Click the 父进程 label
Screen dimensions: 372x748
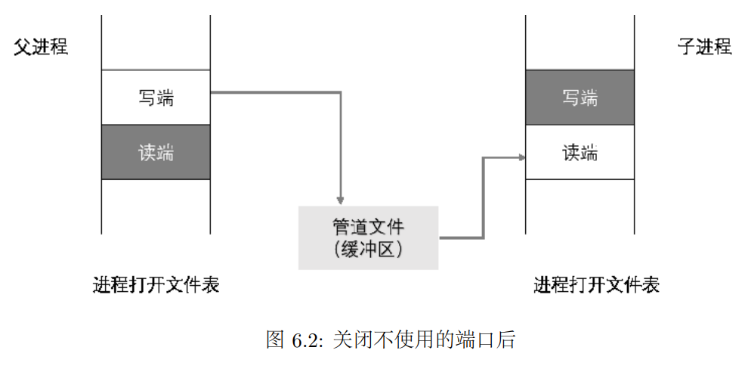[41, 48]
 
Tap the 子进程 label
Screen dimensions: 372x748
[704, 48]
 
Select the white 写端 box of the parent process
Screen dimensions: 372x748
[156, 98]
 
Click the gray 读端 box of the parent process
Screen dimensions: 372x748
[156, 152]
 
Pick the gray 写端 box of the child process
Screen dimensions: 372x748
[580, 98]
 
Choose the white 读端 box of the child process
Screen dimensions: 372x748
[580, 152]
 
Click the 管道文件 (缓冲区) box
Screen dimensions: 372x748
[368, 237]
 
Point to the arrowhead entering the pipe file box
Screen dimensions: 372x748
[341, 200]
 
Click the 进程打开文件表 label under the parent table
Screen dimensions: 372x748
[156, 286]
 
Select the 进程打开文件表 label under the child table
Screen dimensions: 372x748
[596, 286]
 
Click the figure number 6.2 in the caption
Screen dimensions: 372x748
[306, 340]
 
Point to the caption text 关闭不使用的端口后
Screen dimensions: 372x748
[424, 340]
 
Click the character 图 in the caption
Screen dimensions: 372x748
[275, 340]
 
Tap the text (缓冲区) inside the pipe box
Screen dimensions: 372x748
[368, 249]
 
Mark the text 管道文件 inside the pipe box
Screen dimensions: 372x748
[368, 227]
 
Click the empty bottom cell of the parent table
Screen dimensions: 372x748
[156, 206]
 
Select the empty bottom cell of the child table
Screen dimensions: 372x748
[580, 206]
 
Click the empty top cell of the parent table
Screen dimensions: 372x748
[156, 42]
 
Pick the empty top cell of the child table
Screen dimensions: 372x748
[580, 42]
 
